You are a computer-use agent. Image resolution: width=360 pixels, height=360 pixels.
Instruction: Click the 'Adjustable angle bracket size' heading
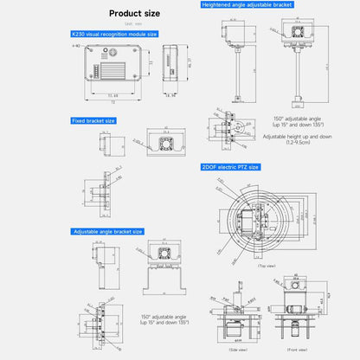pyautogui.click(x=107, y=232)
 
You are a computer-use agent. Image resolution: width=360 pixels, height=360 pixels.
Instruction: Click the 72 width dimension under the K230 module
pyautogui.click(x=110, y=102)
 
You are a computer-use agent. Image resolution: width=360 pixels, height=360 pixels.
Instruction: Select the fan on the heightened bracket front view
pyautogui.click(x=299, y=29)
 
